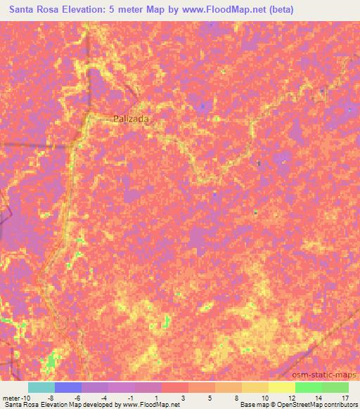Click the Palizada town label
point(131,119)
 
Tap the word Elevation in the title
point(86,10)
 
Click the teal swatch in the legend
point(41,387)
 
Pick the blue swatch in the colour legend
point(68,387)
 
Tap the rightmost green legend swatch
point(335,387)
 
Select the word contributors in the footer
point(340,404)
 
